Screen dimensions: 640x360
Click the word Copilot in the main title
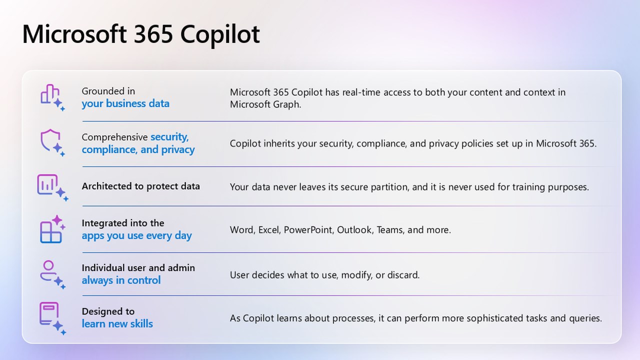220,35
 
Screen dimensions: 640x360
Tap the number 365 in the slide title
153,34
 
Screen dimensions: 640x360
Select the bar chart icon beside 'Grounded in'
52,97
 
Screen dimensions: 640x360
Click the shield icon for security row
52,143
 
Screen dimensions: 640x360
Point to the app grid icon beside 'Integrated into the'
52,229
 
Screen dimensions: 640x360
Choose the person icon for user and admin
52,274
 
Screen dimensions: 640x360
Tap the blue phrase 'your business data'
125,103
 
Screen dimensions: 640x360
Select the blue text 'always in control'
121,280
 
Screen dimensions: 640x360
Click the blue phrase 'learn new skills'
117,323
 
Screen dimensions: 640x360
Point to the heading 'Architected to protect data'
141,186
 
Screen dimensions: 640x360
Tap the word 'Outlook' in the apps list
355,230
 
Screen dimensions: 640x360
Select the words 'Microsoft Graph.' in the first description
265,104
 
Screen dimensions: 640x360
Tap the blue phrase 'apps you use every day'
136,236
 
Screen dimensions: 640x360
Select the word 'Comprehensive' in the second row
114,137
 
